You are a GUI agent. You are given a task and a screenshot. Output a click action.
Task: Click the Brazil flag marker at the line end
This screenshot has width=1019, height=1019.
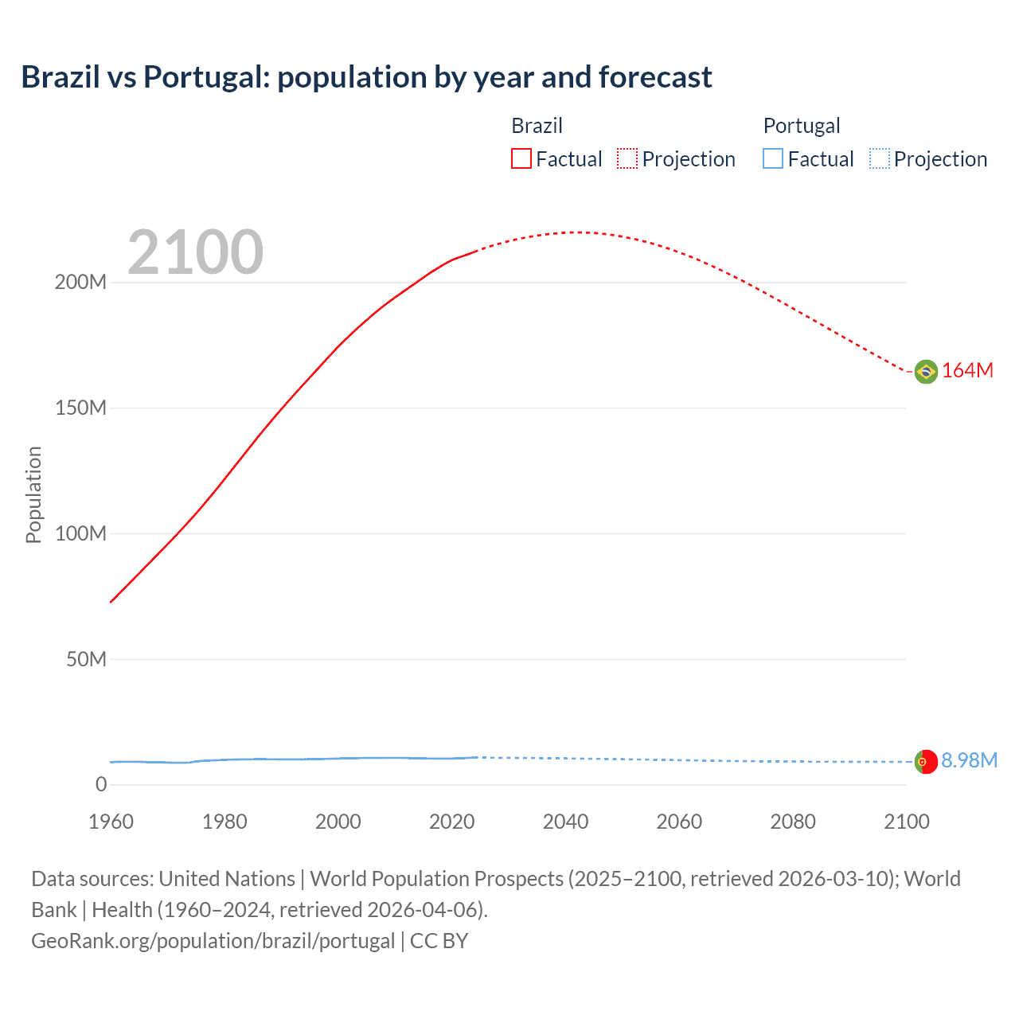pos(926,371)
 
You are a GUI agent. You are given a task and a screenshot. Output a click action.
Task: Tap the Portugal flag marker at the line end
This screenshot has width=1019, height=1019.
pos(926,762)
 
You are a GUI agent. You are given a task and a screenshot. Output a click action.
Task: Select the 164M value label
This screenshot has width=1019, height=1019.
pos(967,371)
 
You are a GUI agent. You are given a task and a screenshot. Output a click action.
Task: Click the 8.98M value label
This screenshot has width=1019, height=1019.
pos(969,761)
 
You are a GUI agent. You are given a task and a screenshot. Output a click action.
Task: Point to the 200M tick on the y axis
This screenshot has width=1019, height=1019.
pos(80,283)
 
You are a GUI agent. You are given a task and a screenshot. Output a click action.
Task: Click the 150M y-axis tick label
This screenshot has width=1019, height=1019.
pos(80,408)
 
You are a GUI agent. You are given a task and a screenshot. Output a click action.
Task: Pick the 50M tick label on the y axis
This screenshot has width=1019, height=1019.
pos(86,659)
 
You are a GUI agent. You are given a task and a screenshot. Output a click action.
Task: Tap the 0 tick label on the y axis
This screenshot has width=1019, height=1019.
pos(101,785)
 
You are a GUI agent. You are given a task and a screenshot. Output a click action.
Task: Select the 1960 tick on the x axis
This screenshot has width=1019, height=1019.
pos(111,822)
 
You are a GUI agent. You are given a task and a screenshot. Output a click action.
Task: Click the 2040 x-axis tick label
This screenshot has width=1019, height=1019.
pos(565,822)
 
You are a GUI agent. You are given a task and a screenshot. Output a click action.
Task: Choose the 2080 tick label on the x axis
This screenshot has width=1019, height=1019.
pos(793,822)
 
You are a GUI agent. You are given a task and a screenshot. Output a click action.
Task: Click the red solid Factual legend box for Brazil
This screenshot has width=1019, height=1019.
pos(521,159)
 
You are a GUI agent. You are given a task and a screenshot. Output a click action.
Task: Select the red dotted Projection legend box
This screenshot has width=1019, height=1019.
pos(627,159)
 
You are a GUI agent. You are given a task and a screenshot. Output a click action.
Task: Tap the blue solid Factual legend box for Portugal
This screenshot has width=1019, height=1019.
pos(773,159)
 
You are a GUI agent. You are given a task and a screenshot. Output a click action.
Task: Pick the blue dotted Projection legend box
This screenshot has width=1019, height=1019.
pos(880,159)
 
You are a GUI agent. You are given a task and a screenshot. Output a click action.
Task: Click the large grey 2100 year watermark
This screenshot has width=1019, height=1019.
pos(195,252)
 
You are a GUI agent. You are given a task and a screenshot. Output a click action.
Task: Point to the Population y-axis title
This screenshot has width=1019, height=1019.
pos(33,494)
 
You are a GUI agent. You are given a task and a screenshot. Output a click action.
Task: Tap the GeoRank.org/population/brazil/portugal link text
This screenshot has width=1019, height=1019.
pos(213,941)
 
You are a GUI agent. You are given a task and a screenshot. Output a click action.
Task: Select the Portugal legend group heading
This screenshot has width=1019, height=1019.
pos(801,126)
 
